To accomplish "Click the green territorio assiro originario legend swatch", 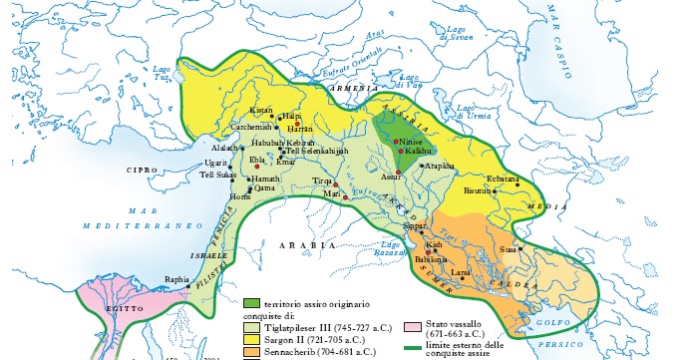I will [252, 301].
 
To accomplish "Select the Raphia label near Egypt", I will [176, 279].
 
